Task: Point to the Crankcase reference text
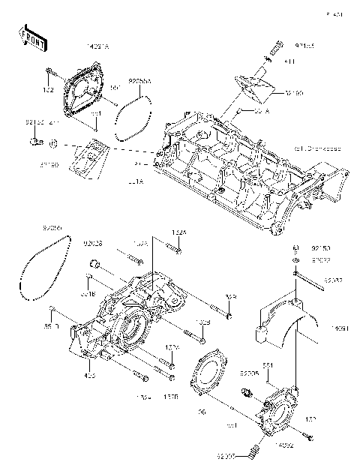pyautogui.click(x=317, y=148)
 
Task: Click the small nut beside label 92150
pyautogui.click(x=296, y=248)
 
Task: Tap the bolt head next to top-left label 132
pyautogui.click(x=50, y=73)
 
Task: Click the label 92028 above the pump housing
pyautogui.click(x=93, y=242)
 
